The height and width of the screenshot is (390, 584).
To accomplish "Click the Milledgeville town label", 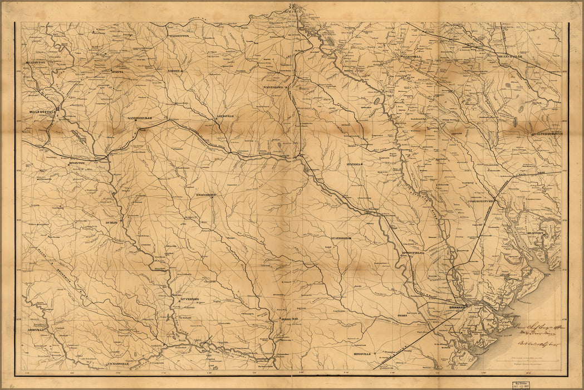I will click(x=42, y=111).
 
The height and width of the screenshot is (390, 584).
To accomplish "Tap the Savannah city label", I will click(x=460, y=307).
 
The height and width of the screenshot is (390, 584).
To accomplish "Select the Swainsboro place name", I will click(x=205, y=194).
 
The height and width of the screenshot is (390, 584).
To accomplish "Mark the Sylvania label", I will click(x=354, y=165).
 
